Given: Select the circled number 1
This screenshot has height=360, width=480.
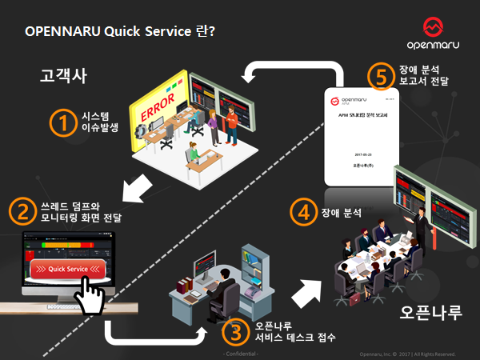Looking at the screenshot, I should pyautogui.click(x=62, y=122).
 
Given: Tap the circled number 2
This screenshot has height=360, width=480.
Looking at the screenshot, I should pyautogui.click(x=22, y=210).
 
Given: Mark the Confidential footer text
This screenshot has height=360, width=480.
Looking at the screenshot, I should pyautogui.click(x=239, y=353).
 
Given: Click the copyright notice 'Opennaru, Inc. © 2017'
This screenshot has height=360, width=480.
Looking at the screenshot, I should pyautogui.click(x=408, y=353).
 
